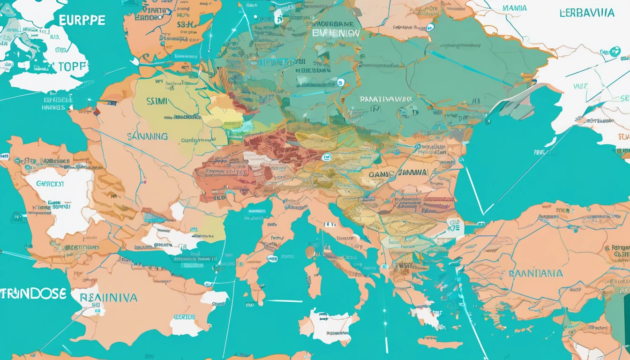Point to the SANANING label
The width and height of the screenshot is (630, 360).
tap(147, 136)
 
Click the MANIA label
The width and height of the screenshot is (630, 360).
tap(514, 8)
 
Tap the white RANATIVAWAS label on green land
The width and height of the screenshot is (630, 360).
tap(386, 99)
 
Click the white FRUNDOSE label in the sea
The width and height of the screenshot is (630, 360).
tap(33, 294)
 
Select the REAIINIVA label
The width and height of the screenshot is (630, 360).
tap(108, 297)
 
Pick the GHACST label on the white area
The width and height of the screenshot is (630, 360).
tap(50, 183)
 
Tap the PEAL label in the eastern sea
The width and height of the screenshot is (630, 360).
tap(542, 152)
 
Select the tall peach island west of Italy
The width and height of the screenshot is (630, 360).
tap(313, 280)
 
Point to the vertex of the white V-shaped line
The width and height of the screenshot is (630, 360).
tap(484, 214)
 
